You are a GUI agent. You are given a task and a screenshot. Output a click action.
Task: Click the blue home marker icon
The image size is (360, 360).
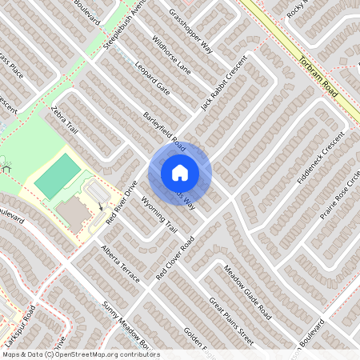(180, 172)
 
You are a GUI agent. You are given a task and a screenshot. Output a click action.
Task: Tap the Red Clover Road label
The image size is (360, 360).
(174, 259)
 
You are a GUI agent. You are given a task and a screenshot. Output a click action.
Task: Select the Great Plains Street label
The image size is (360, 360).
(231, 322)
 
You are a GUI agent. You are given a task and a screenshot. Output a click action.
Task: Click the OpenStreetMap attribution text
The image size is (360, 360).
(80, 354)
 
